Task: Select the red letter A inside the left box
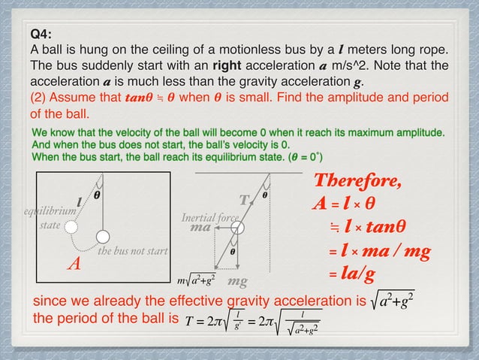pyautogui.click(x=74, y=264)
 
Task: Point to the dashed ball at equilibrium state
pyautogui.click(x=70, y=225)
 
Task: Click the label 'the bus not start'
pyautogui.click(x=133, y=250)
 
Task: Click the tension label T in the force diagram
pyautogui.click(x=243, y=201)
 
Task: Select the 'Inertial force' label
pyautogui.click(x=209, y=218)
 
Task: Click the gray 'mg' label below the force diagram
pyautogui.click(x=238, y=282)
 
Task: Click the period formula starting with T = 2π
pyautogui.click(x=252, y=320)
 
